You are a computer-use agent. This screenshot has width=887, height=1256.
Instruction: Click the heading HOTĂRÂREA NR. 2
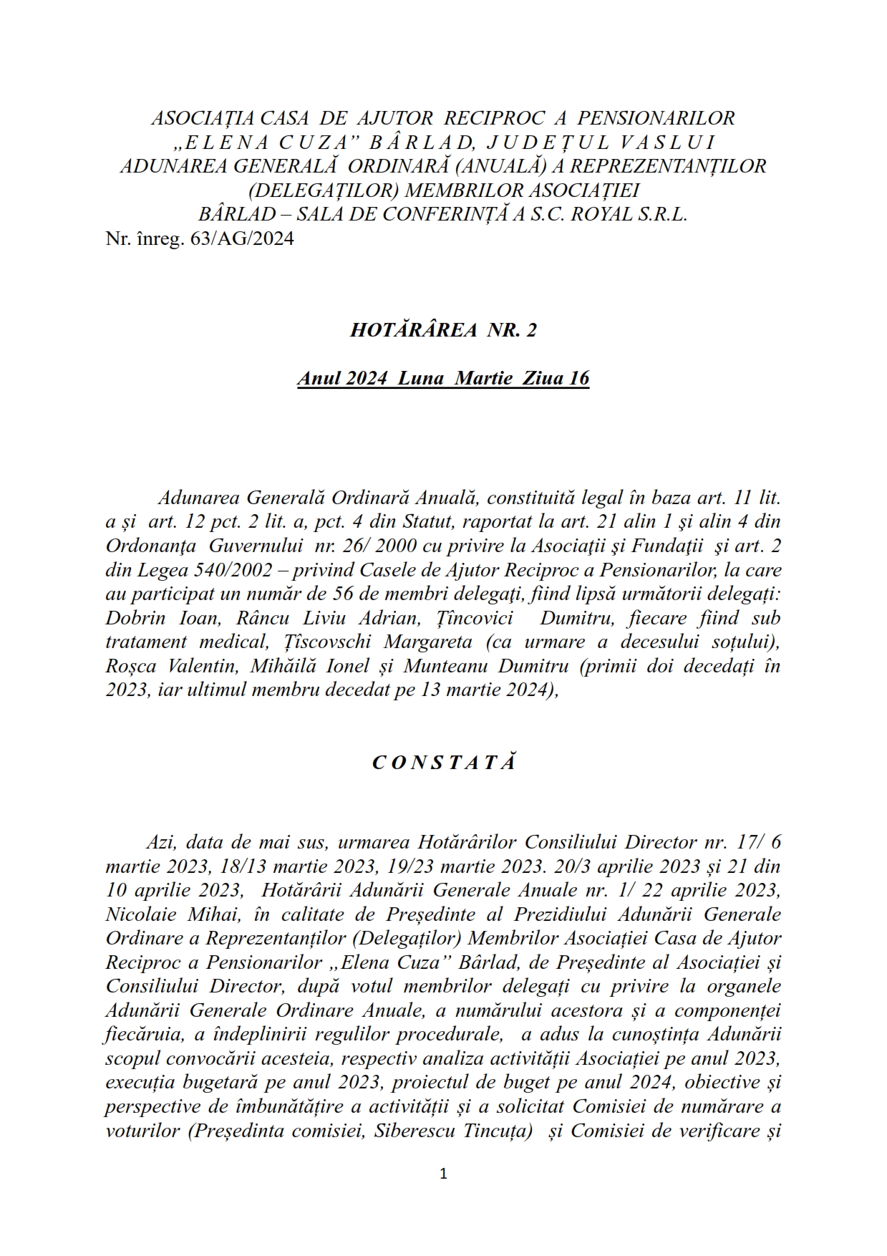(443, 330)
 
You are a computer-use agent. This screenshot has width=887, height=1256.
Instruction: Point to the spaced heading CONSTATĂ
(444, 763)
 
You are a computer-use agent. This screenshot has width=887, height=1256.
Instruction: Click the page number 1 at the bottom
(443, 1174)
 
